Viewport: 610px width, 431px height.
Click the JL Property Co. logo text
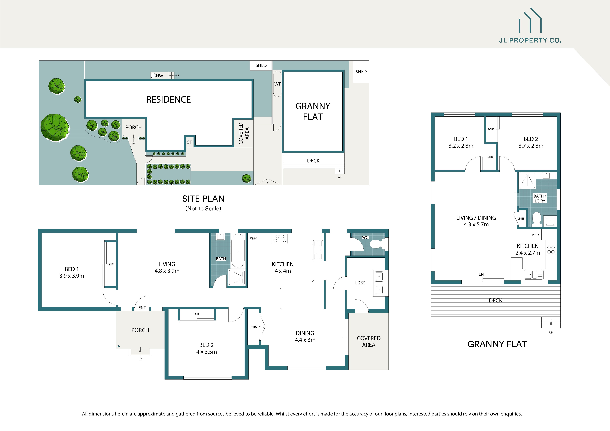click(530, 40)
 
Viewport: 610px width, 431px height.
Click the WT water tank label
click(277, 84)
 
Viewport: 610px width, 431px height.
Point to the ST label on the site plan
click(189, 142)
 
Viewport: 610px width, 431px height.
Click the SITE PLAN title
click(203, 199)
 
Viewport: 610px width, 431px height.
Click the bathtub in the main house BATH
click(238, 251)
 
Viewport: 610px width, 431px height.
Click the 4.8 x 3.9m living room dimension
click(167, 271)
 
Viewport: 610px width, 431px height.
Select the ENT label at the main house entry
click(142, 308)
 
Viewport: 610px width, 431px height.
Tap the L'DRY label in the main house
click(360, 283)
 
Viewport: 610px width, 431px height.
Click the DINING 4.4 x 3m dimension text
click(305, 340)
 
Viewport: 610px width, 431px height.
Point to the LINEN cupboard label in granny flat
click(521, 218)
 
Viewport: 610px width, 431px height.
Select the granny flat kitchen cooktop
click(551, 250)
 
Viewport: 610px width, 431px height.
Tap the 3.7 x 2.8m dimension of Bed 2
click(531, 146)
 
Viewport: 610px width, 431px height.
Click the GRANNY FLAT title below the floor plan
click(497, 344)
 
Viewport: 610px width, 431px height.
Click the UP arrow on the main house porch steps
click(140, 350)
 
